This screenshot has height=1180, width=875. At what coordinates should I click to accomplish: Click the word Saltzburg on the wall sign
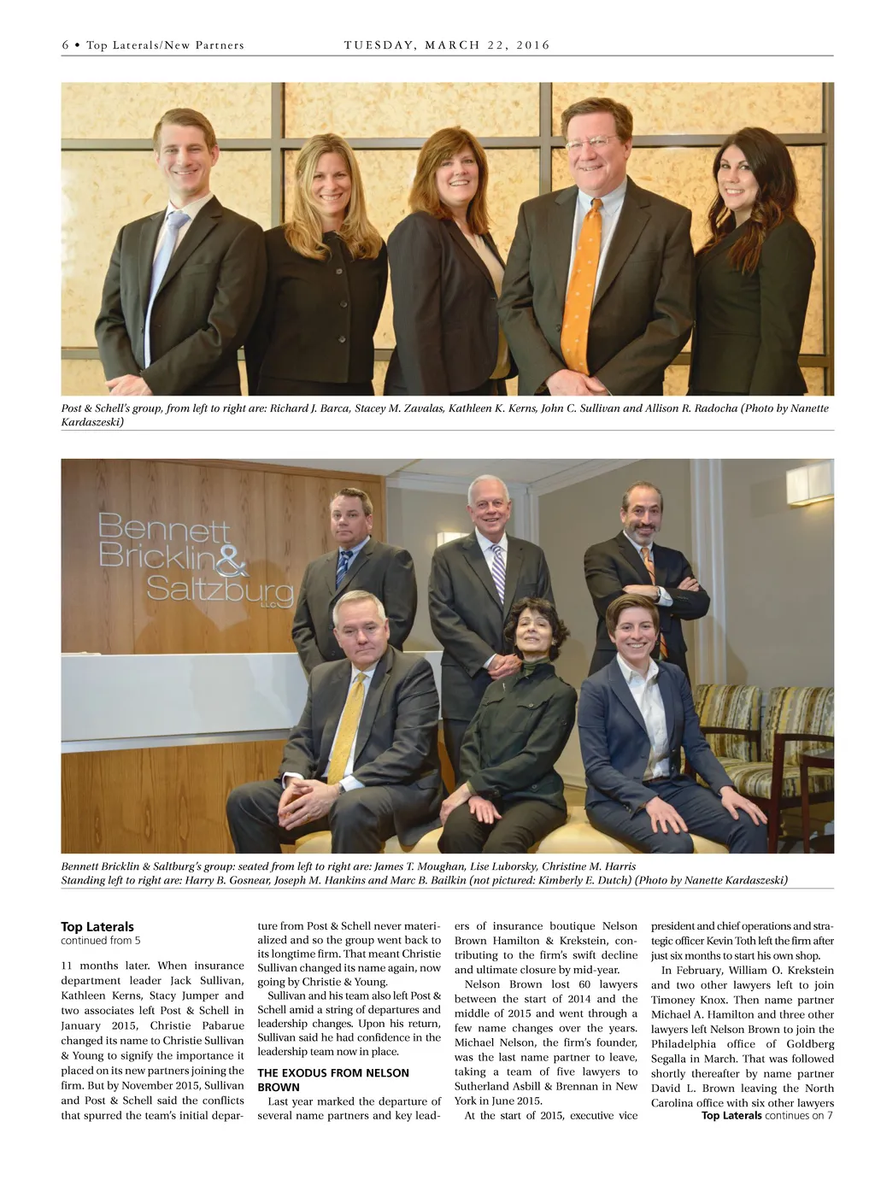click(219, 589)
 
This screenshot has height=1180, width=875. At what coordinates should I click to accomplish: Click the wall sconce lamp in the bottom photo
click(808, 483)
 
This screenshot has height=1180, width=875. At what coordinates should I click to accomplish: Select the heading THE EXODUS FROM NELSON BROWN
click(333, 1080)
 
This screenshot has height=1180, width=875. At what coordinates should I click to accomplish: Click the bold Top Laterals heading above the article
click(97, 926)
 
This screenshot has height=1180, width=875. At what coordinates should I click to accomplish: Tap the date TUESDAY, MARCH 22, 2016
click(447, 45)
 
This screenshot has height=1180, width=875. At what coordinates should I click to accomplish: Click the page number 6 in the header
click(65, 45)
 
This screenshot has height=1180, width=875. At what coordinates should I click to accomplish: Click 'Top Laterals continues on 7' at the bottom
click(766, 1115)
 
